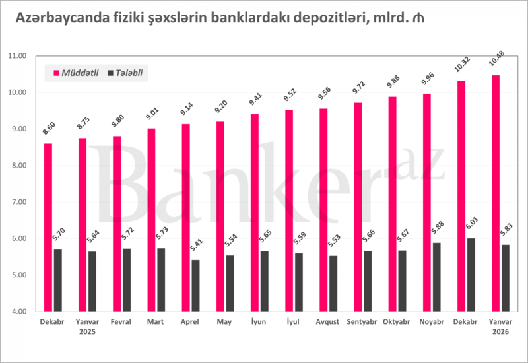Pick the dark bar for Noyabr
pyautogui.click(x=436, y=277)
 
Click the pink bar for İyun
pyautogui.click(x=254, y=212)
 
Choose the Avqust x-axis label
pyautogui.click(x=328, y=322)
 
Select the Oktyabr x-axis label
pyautogui.click(x=397, y=322)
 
